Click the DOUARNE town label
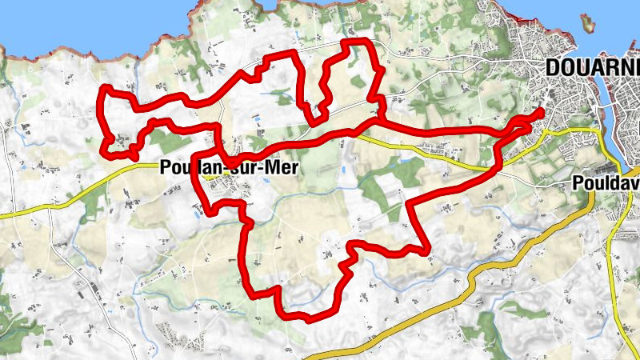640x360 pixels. pos(593,68)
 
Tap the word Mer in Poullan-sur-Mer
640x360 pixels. pos(276,168)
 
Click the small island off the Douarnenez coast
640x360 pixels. pos(590,23)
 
